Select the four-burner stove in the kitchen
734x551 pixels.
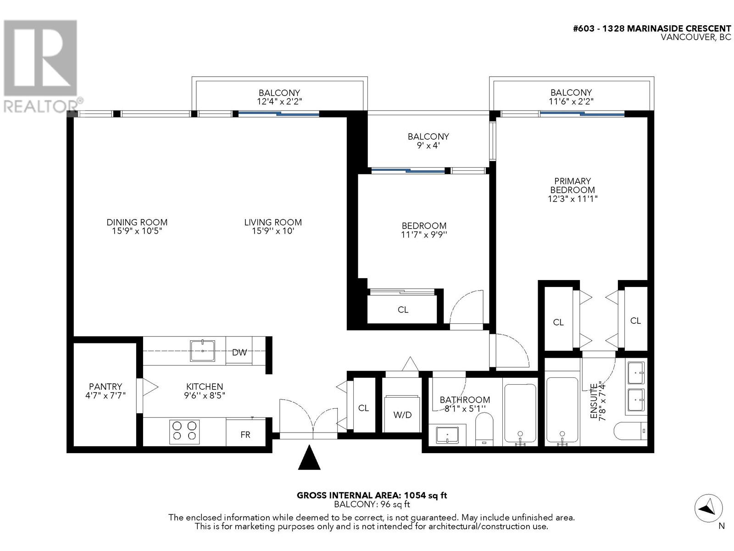coord(184,432)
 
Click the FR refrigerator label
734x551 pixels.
coord(245,434)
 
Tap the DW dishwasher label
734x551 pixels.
coord(239,352)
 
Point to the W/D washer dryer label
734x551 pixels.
coord(402,415)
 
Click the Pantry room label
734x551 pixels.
coord(106,387)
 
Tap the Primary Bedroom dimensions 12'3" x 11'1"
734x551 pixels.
coord(572,199)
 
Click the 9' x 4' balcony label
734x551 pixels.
coord(428,145)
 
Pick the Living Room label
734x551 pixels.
coord(273,222)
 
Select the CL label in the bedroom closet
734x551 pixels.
coord(403,310)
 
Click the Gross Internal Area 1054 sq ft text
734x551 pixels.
coord(372,495)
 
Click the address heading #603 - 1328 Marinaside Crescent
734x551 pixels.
coord(652,28)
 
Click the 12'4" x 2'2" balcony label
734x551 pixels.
coord(279,101)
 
